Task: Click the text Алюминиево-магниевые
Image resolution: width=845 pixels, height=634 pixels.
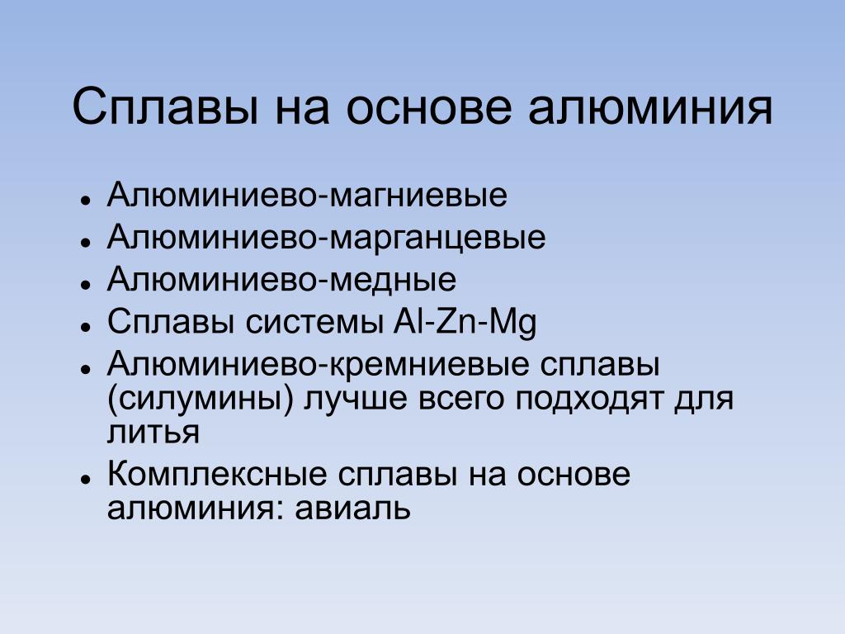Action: pyautogui.click(x=307, y=195)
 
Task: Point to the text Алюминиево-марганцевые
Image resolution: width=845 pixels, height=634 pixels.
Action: pyautogui.click(x=327, y=237)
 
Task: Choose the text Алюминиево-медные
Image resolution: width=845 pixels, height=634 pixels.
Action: pyautogui.click(x=282, y=279)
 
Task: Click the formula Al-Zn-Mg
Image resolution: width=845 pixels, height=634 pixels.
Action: pyautogui.click(x=465, y=323)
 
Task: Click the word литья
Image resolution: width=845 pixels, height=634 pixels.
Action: pyautogui.click(x=153, y=433)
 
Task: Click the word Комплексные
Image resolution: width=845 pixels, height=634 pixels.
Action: pyautogui.click(x=217, y=475)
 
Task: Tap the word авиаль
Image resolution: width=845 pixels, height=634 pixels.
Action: pyautogui.click(x=353, y=508)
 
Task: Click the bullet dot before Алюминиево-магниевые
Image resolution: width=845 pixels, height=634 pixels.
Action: pyautogui.click(x=85, y=200)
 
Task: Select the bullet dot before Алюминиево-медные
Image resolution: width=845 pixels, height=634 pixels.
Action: pyautogui.click(x=85, y=284)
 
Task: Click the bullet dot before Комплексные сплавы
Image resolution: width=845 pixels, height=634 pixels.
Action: pyautogui.click(x=85, y=479)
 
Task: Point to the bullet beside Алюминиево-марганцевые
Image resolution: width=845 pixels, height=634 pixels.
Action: pyautogui.click(x=85, y=242)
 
